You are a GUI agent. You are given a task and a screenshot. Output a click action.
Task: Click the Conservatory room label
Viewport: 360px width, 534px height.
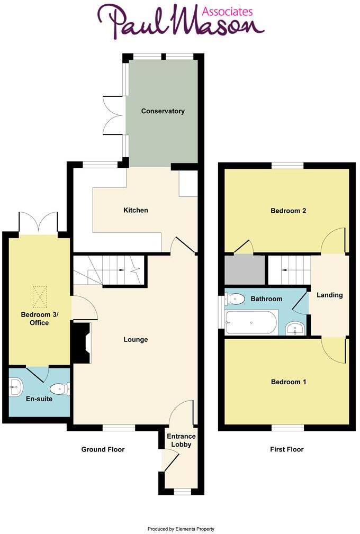click(163, 111)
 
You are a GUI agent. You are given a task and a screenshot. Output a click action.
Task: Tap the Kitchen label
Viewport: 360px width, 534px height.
click(136, 210)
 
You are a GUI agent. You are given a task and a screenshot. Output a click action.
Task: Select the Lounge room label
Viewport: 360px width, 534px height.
click(136, 339)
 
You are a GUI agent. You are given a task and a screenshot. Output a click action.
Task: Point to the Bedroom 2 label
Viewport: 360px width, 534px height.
click(289, 211)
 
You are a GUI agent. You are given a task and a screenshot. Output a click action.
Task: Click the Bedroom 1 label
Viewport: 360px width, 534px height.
click(289, 382)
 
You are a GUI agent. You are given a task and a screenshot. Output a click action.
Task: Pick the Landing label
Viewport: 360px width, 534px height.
click(329, 295)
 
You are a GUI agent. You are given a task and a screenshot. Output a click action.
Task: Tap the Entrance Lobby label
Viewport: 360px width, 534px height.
click(181, 440)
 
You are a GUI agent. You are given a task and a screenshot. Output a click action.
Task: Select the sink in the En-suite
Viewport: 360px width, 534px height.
click(14, 387)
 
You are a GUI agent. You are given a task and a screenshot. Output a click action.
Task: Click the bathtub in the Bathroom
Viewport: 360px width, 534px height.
click(251, 322)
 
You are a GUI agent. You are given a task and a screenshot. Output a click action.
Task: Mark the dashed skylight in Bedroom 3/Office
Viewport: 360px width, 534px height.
click(40, 296)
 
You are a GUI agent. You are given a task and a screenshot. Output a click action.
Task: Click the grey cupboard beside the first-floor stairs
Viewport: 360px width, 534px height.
click(245, 270)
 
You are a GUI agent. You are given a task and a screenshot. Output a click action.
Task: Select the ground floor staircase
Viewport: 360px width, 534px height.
click(109, 270)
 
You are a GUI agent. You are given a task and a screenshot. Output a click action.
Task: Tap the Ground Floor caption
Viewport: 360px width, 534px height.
click(103, 449)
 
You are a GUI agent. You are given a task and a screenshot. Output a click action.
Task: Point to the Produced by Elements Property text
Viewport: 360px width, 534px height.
click(181, 529)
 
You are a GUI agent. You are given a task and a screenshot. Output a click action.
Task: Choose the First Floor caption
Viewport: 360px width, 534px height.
click(286, 449)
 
